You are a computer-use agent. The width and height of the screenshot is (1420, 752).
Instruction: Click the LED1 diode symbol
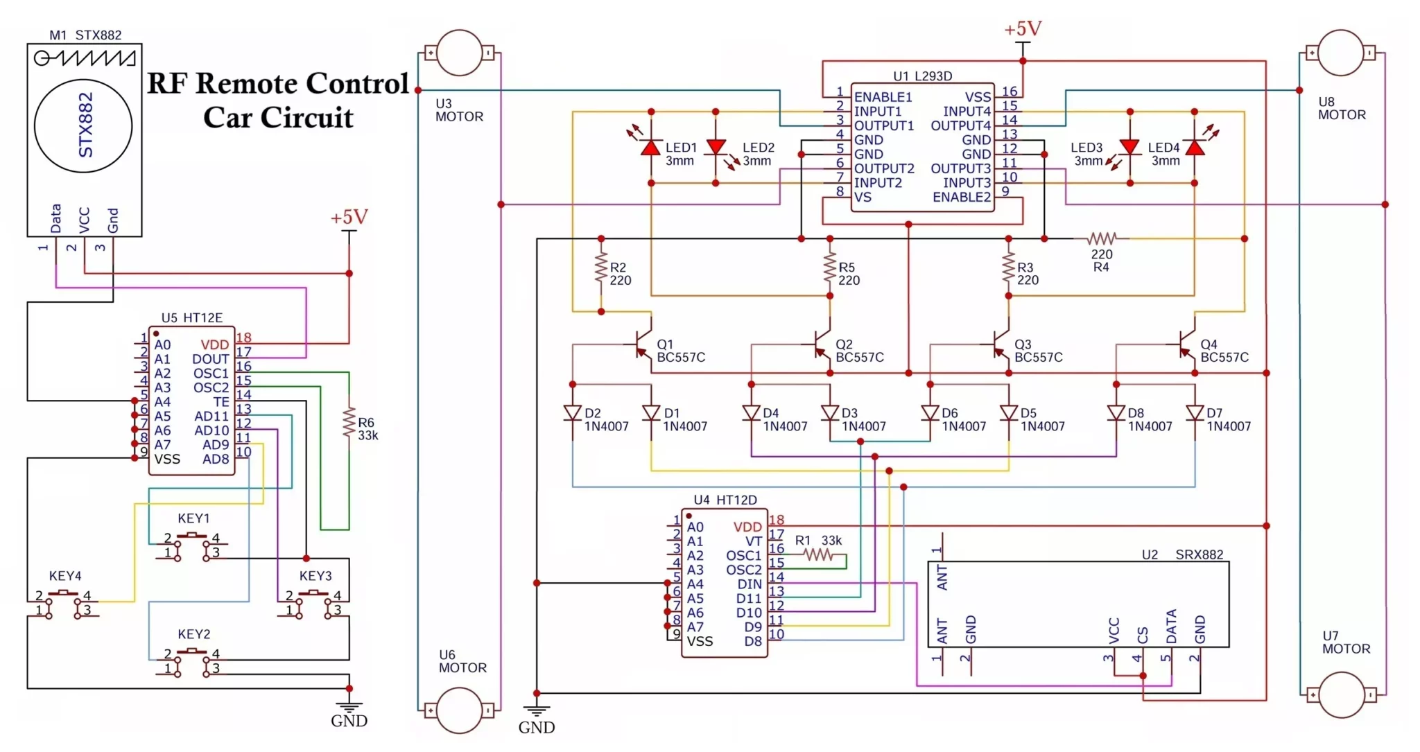tap(650, 147)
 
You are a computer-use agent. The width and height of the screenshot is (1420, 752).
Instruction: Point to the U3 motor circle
tap(459, 53)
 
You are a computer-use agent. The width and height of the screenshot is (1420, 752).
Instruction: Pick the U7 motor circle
tap(1341, 694)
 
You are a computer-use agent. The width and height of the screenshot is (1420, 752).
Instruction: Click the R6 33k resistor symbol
tap(349, 422)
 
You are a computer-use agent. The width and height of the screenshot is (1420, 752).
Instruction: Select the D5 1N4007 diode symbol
tap(1009, 413)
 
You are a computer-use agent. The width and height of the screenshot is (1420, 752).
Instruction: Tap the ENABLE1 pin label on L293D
tap(883, 97)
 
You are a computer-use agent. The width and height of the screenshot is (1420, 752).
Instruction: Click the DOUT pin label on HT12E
tap(210, 359)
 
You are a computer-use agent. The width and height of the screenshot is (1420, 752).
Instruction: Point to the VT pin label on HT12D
tap(753, 541)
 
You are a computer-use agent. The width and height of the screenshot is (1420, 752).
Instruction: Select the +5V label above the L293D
tap(1023, 29)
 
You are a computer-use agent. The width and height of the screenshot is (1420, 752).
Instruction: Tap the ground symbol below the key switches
tap(349, 707)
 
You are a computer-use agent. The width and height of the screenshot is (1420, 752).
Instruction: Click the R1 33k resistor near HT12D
tap(818, 554)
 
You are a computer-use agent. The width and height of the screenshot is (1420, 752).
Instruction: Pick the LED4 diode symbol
tap(1195, 147)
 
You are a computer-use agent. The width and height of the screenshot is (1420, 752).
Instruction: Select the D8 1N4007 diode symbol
tap(1116, 413)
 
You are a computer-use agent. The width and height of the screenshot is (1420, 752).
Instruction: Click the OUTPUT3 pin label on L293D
tap(960, 168)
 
